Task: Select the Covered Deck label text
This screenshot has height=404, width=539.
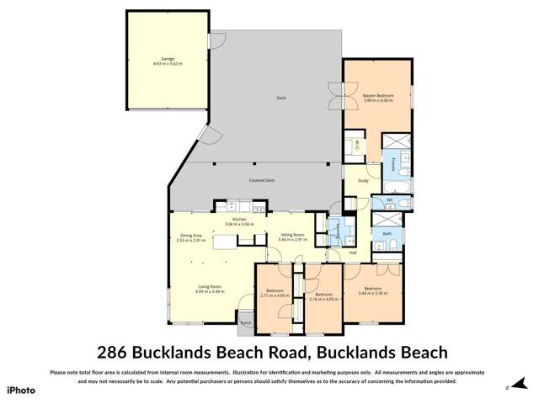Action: tap(262, 180)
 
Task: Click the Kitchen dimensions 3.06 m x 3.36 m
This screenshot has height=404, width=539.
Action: tap(239, 225)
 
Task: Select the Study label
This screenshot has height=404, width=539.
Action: tap(363, 180)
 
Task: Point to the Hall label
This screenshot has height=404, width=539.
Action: tap(354, 252)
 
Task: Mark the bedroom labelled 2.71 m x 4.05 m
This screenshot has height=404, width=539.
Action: tap(275, 292)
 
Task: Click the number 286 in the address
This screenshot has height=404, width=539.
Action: tap(117, 352)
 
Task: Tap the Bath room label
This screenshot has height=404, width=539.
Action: tap(387, 233)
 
